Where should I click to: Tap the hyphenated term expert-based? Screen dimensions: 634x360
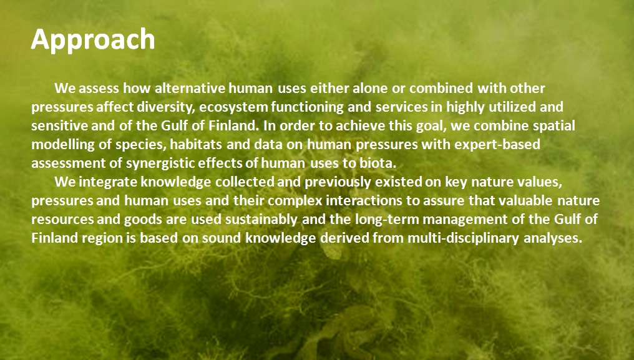[497, 145]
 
